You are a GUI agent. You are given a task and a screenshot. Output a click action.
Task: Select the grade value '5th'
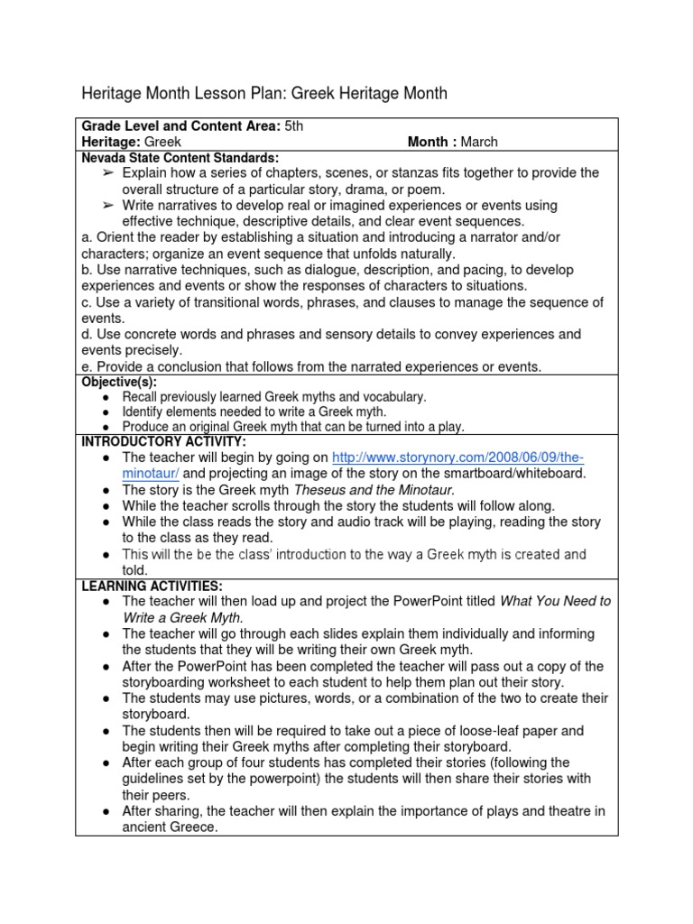294,126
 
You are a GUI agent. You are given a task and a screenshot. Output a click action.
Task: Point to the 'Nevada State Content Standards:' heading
180,157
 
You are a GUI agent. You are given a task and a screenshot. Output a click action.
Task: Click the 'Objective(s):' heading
119,383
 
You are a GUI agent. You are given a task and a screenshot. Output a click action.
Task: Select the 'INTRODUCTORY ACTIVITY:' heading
163,441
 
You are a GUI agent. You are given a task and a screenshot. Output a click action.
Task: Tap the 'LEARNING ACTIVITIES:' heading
152,587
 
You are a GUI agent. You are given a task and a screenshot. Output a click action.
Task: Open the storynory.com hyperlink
457,457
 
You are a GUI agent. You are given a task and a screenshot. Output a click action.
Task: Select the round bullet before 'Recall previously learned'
107,397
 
